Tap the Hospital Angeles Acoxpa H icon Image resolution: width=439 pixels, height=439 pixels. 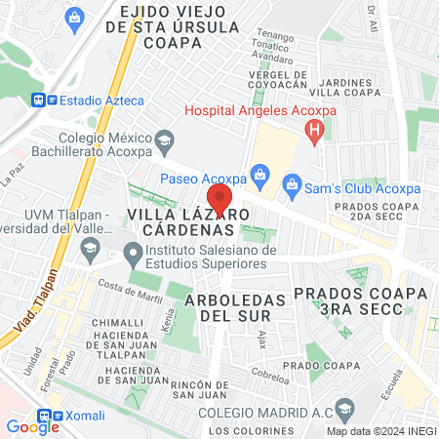[x=314, y=131]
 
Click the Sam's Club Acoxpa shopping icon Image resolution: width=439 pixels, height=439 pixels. [x=291, y=183]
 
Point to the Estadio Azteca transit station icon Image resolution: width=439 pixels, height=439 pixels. [x=40, y=99]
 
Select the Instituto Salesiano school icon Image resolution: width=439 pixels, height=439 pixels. [x=133, y=254]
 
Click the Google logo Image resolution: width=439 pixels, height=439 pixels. [x=32, y=426]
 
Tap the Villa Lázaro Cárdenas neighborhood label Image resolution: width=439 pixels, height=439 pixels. [x=180, y=220]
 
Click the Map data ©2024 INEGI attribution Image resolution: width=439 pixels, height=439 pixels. [x=379, y=431]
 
